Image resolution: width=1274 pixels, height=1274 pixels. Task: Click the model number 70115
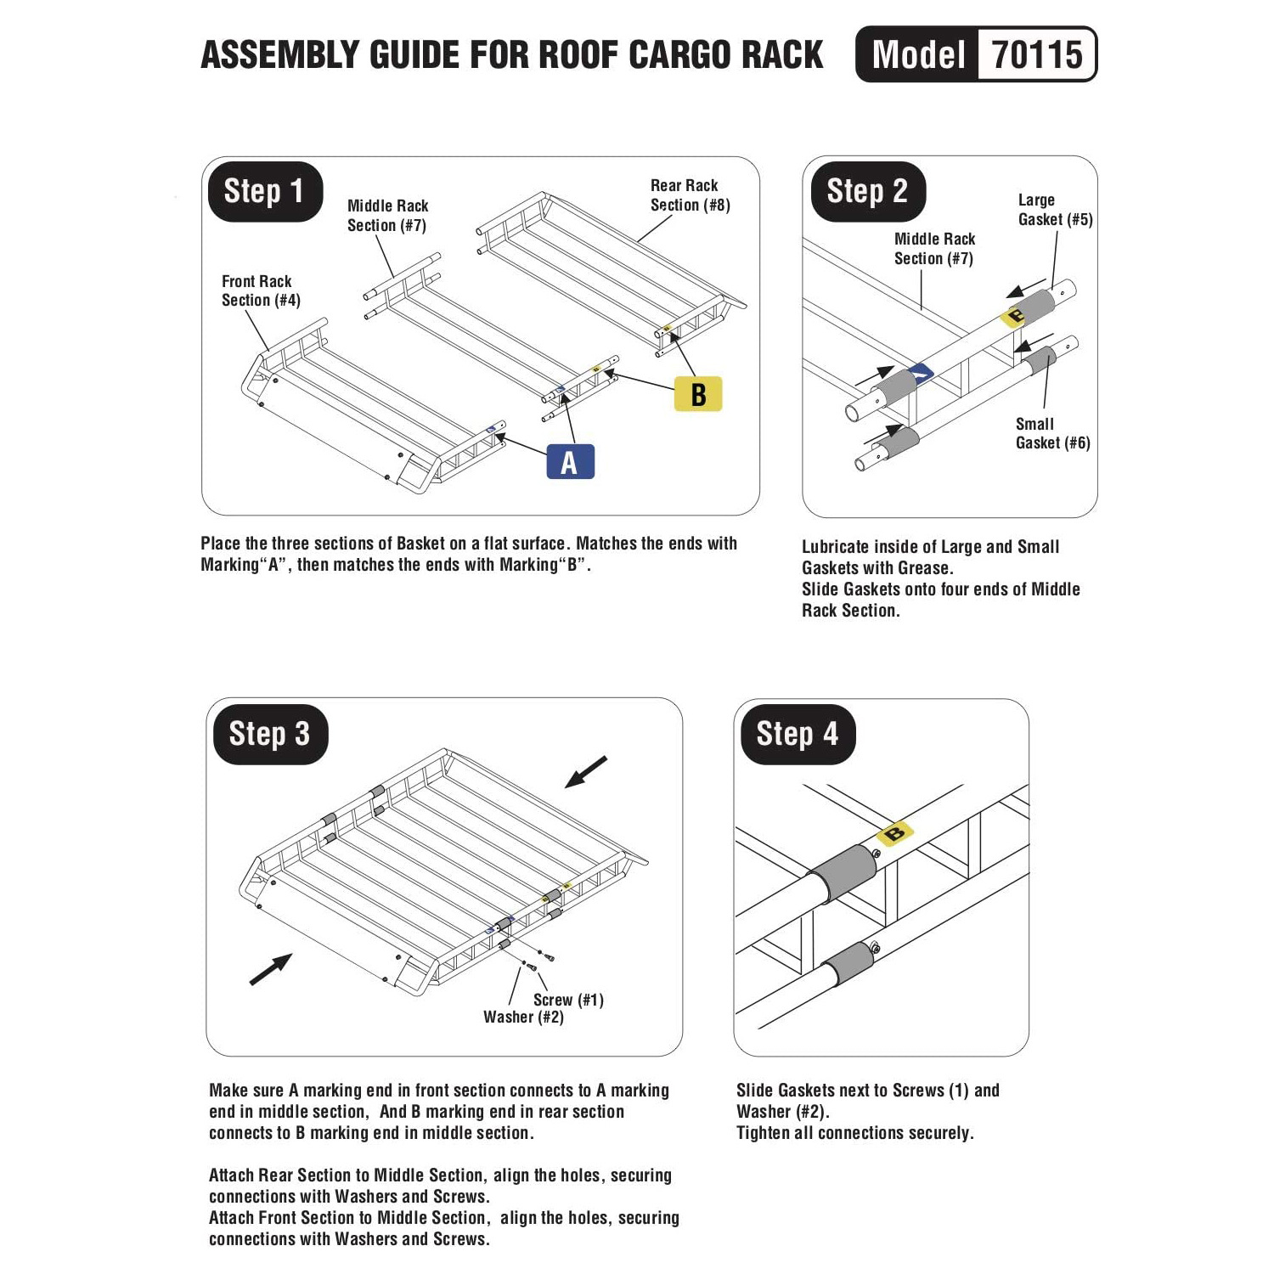coord(1037,55)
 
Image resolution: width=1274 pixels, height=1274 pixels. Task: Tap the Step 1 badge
coord(263,191)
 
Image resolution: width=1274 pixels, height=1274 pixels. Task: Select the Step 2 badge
coord(866,191)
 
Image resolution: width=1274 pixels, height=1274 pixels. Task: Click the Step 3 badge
coord(269,734)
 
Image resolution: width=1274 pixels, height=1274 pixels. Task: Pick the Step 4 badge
coord(796,734)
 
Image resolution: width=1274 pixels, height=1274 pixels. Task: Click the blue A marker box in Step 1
coord(570,462)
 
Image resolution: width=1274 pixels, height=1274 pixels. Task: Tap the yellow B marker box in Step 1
coord(698,394)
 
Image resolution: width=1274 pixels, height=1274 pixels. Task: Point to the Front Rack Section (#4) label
coord(261,290)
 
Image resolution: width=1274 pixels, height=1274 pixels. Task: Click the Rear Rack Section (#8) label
coord(690,195)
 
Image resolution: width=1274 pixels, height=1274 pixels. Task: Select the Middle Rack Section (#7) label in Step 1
coord(387,216)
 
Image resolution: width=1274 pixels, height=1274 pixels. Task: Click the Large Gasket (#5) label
coord(1055,210)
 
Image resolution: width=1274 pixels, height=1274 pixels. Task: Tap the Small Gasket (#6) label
coord(1052,433)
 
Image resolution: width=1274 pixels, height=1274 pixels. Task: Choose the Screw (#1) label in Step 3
coord(568,1000)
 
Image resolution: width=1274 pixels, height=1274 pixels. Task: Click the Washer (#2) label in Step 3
coord(523,1017)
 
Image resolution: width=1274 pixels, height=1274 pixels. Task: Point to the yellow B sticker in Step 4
coord(894,834)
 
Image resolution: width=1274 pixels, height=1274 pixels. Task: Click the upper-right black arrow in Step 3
coord(586,771)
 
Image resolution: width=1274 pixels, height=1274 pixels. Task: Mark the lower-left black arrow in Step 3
coord(271,969)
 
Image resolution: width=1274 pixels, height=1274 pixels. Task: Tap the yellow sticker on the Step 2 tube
coord(1014,318)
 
